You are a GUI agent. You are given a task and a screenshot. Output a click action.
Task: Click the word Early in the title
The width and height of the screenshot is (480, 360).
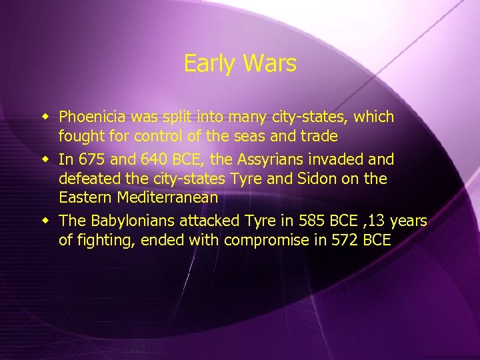point(207,64)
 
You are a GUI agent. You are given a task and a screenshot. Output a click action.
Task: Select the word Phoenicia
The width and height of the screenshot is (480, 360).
point(92,117)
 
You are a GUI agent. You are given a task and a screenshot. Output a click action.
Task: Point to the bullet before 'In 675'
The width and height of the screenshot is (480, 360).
point(47,159)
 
